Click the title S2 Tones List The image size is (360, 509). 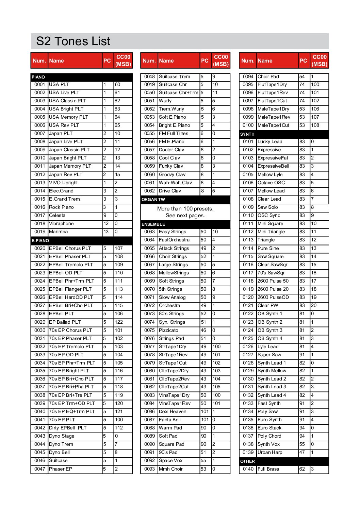tap(73, 41)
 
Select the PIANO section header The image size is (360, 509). tap(38, 77)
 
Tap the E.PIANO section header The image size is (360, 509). tap(40, 240)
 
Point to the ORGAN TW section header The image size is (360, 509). tap(153, 200)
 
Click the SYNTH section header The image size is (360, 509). tap(247, 134)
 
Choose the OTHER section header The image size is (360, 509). tap(247, 461)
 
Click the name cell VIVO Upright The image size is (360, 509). tap(63, 183)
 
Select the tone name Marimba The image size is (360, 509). tap(59, 232)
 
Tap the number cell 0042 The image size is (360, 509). tap(39, 428)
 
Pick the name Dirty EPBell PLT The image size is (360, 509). tap(68, 428)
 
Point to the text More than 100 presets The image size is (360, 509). tap(185, 209)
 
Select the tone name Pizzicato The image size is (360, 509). tap(168, 330)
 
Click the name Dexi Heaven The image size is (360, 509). tap(173, 411)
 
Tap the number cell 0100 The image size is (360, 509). tap(248, 125)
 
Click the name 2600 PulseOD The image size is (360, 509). tap(273, 297)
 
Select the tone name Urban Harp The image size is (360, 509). tap(270, 452)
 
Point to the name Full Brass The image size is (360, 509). tap(268, 469)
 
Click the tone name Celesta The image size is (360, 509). tap(57, 215)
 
